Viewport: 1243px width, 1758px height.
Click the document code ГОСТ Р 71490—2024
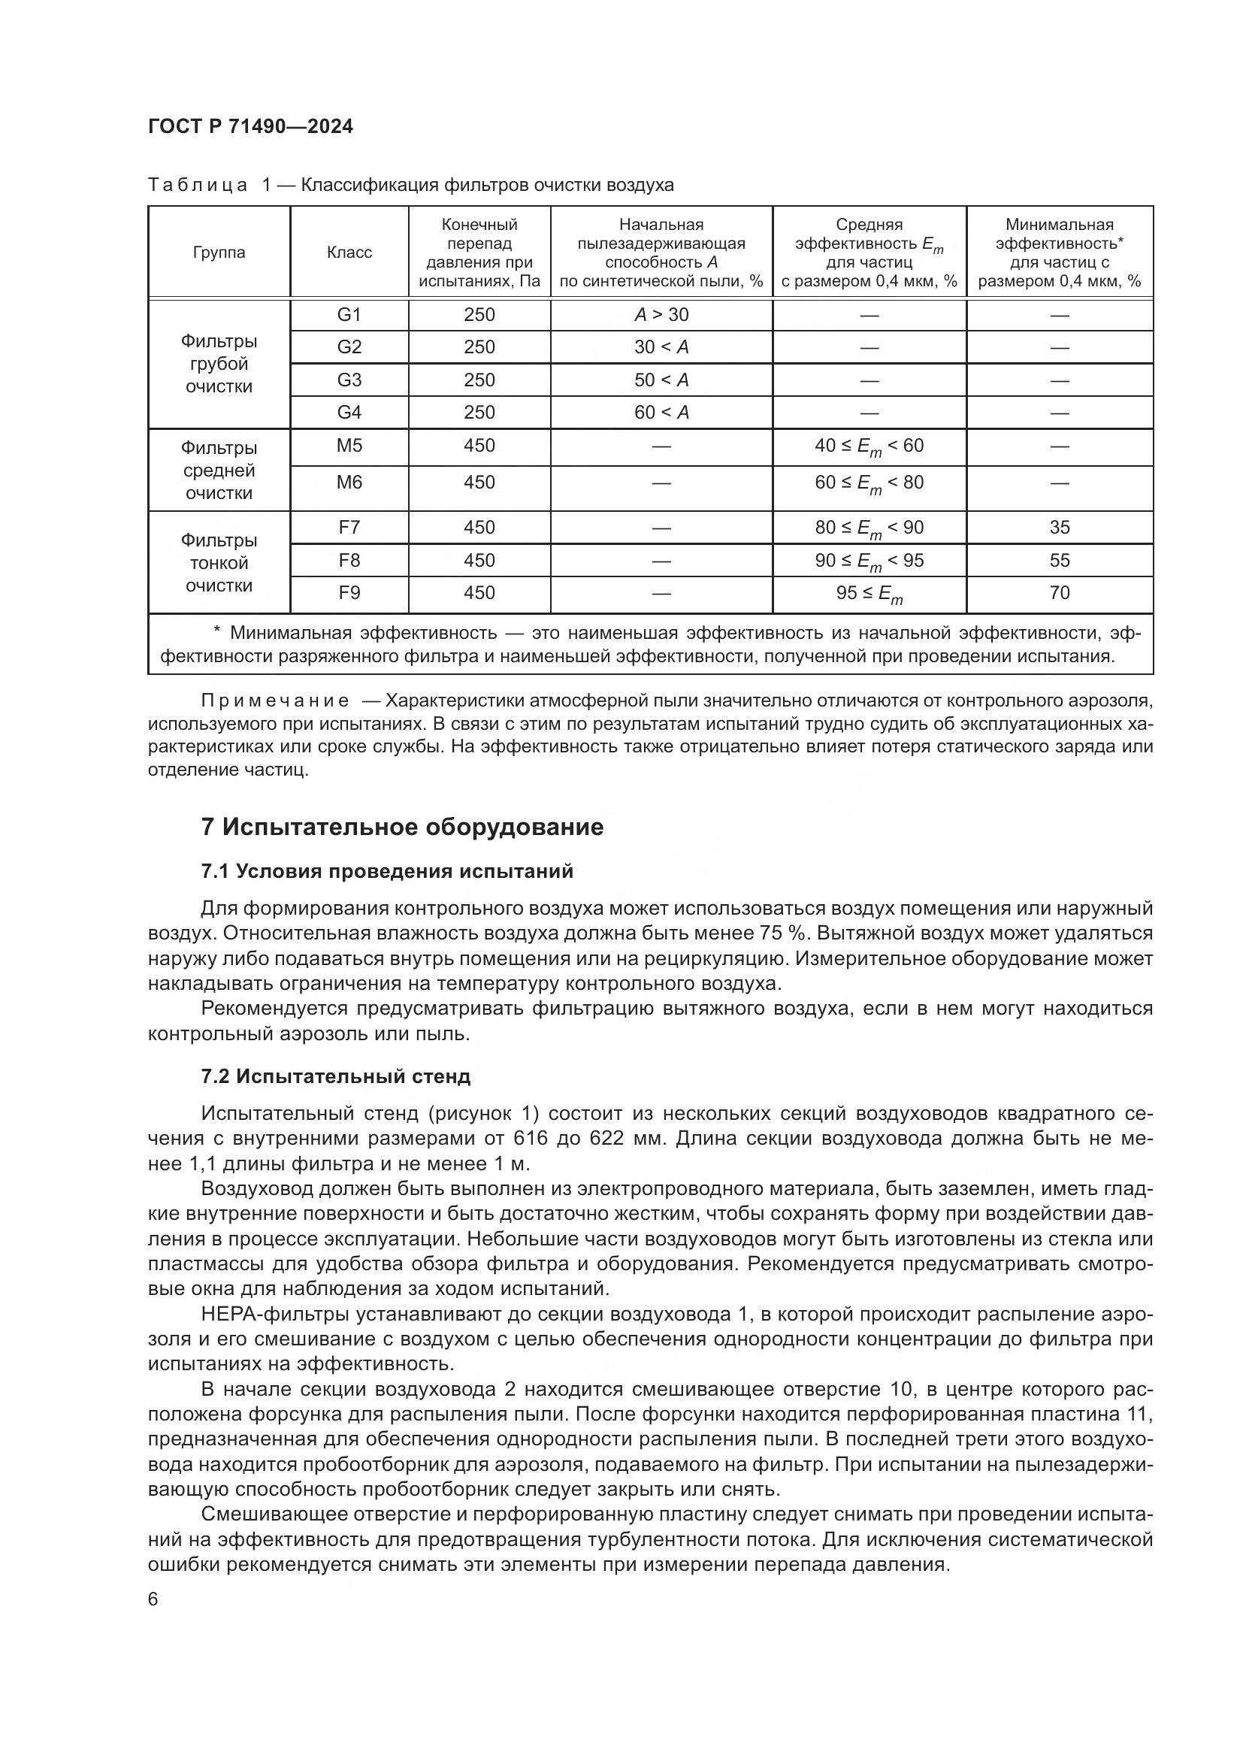coord(250,126)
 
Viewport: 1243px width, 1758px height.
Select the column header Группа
coord(219,253)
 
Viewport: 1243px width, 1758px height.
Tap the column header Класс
coord(349,253)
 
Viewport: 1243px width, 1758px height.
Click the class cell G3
coord(349,380)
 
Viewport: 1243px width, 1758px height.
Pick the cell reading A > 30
coord(661,315)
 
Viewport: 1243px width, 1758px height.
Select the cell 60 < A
coord(661,413)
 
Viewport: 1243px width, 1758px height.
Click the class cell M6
coord(349,483)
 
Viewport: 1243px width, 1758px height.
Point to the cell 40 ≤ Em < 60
coord(869,446)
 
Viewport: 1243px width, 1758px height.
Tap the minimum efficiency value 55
coord(1060,561)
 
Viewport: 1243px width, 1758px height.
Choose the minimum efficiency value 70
coord(1060,592)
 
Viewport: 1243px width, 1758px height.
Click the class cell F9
coord(349,592)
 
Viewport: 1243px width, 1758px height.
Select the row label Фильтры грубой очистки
coord(219,364)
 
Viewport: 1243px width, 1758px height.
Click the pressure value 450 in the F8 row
coord(479,561)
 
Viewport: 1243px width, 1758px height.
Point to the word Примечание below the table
coord(276,700)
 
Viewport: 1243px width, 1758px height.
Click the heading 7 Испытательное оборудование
coord(402,827)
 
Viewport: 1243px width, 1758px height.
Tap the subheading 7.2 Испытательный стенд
coord(335,1076)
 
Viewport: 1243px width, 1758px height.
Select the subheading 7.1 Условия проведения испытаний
coord(386,871)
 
